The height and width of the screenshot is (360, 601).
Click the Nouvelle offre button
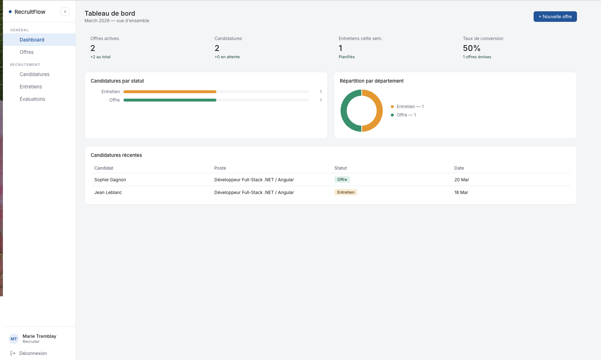pos(555,17)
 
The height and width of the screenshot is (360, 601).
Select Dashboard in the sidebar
pos(32,40)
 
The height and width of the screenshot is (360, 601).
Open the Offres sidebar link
pos(27,52)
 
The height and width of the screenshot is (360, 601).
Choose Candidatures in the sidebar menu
pos(35,74)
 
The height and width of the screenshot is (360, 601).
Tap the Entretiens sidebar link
pos(31,87)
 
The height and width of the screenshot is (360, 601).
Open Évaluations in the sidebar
pos(32,99)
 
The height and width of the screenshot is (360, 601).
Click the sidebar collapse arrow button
pos(65,12)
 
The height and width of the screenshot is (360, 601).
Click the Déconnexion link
pos(33,353)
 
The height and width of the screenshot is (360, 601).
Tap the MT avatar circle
pos(14,339)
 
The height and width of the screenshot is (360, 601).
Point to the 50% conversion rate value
pos(471,48)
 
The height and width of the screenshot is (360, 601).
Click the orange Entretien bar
pos(170,92)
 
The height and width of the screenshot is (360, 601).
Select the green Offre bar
pos(170,100)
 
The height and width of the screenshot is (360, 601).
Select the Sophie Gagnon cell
pos(110,180)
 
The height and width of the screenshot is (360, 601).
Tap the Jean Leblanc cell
pos(108,193)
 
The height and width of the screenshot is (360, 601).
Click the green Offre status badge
pos(342,179)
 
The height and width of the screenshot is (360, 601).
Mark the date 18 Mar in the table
pos(461,193)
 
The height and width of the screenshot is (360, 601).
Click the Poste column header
pos(220,168)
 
